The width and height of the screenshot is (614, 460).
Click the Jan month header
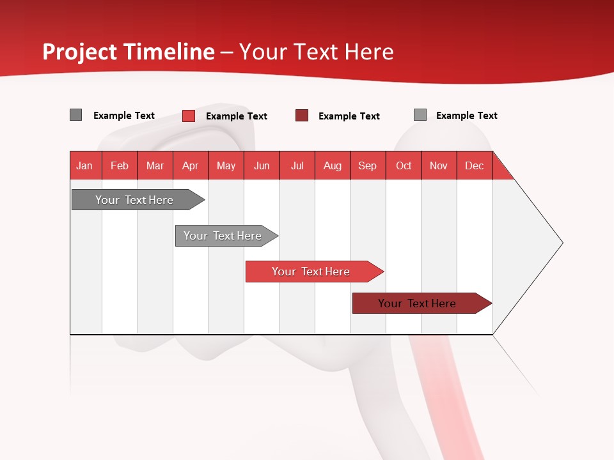(x=85, y=165)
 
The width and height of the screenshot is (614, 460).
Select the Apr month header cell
(x=191, y=165)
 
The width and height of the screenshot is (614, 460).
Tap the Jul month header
(x=297, y=165)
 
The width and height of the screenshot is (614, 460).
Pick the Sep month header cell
(x=368, y=165)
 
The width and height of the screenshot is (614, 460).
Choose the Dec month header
(x=474, y=165)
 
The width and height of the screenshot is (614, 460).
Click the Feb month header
(x=120, y=165)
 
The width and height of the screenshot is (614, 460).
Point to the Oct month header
(x=404, y=165)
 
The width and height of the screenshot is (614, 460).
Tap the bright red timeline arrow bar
(x=311, y=272)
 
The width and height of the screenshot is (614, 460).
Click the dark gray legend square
(x=76, y=115)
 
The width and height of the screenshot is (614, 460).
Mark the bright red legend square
(x=189, y=116)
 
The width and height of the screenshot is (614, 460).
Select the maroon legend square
(x=302, y=116)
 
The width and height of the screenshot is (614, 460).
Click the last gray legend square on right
(x=420, y=115)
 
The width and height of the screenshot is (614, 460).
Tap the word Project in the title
(x=79, y=52)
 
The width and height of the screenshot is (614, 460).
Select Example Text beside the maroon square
(x=349, y=116)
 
